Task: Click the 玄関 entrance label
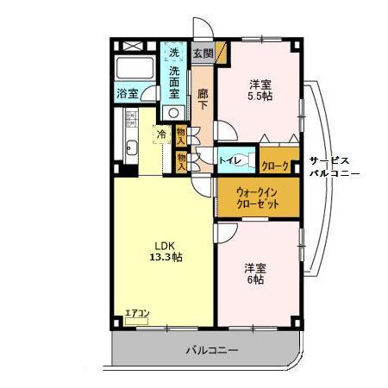202,53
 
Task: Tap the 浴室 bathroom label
127,93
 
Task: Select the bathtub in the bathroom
134,70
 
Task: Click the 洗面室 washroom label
176,81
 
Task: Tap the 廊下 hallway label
203,99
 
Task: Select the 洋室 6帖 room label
253,273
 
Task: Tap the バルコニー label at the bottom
211,351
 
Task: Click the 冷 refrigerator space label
161,135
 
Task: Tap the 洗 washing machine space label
175,53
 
